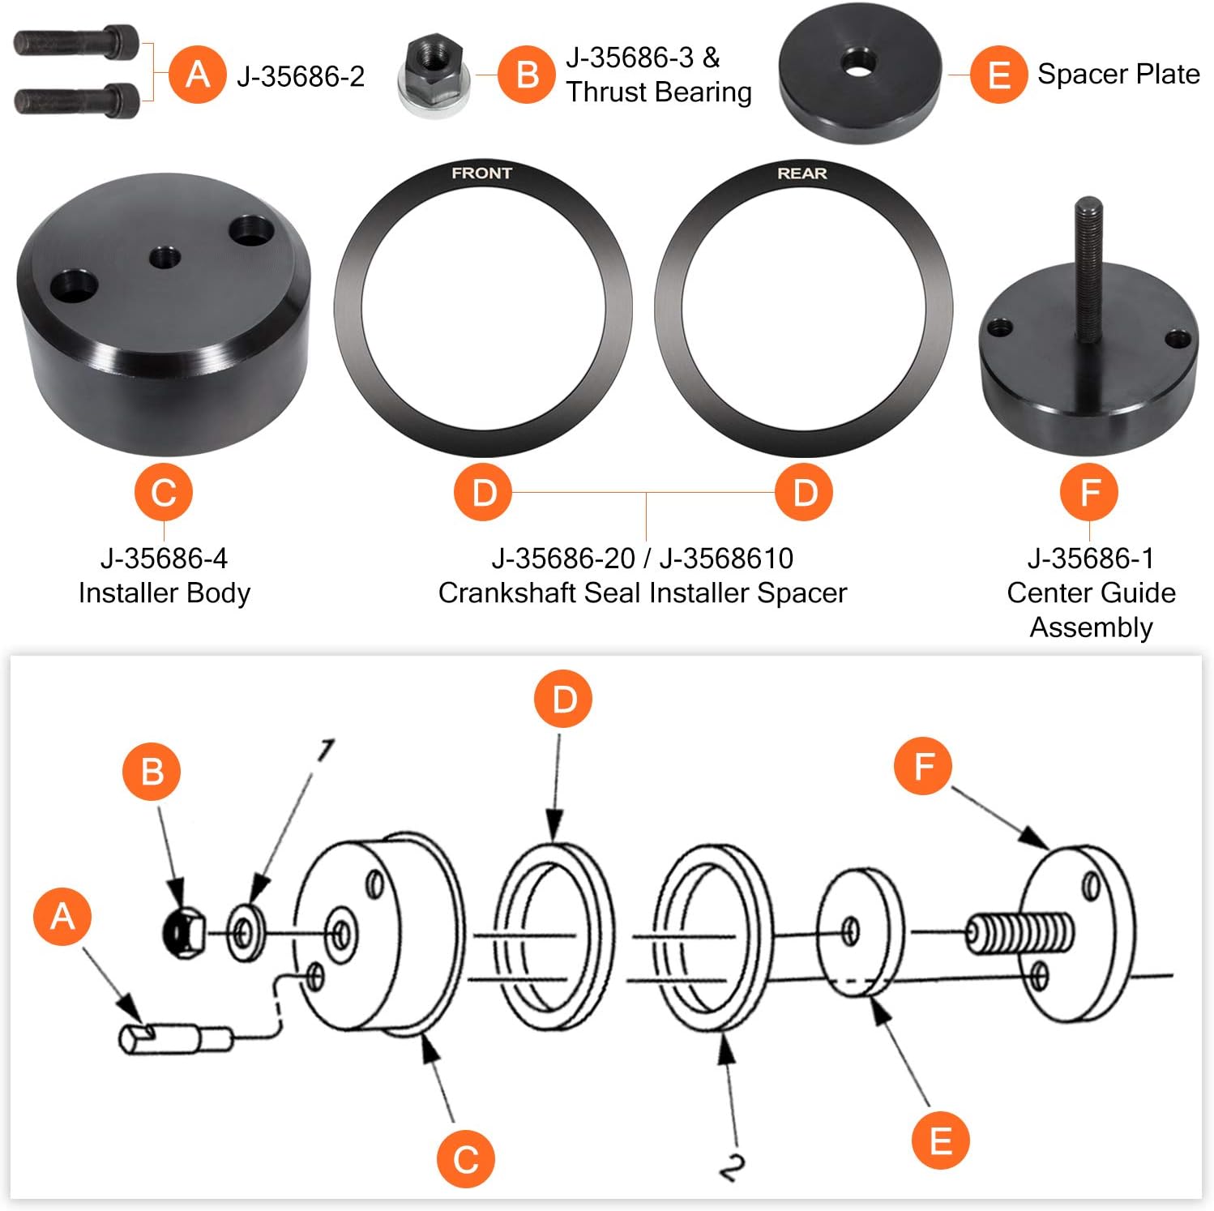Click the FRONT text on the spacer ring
click(481, 173)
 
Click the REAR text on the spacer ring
click(801, 173)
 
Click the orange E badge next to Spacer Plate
click(998, 75)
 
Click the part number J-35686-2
click(301, 77)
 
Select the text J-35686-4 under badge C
click(164, 558)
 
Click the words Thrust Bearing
click(659, 92)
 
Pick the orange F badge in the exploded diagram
click(923, 766)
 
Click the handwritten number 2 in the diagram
click(731, 1167)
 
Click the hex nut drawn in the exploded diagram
click(183, 933)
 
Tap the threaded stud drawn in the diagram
click(1021, 932)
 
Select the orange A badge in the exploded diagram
click(62, 916)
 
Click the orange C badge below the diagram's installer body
click(465, 1158)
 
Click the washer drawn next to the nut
click(244, 934)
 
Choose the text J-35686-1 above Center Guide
click(1090, 558)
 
